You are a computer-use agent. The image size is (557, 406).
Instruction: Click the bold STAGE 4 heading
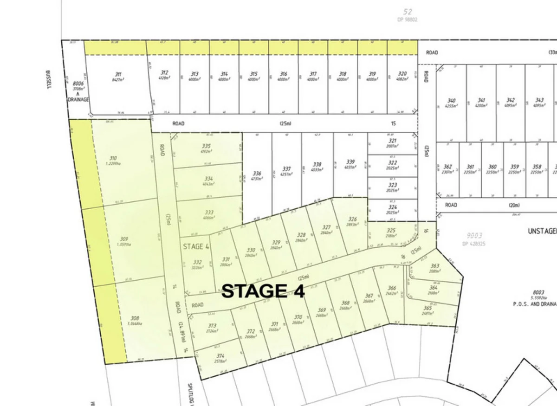pos(263,291)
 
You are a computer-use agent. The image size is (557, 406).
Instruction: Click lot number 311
pos(118,74)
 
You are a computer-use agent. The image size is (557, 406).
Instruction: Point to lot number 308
pos(135,318)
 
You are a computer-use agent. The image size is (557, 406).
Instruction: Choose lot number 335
pos(206,146)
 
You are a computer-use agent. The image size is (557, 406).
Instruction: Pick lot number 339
pos(350,162)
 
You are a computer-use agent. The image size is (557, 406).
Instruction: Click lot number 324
pos(393,207)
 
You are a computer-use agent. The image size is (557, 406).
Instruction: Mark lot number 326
pos(353,219)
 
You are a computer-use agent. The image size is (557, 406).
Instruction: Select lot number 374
pos(220,356)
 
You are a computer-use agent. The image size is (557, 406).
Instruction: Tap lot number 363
pos(434,266)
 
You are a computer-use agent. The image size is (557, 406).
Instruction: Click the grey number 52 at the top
pos(408,12)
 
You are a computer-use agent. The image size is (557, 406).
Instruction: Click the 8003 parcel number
pos(538,292)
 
